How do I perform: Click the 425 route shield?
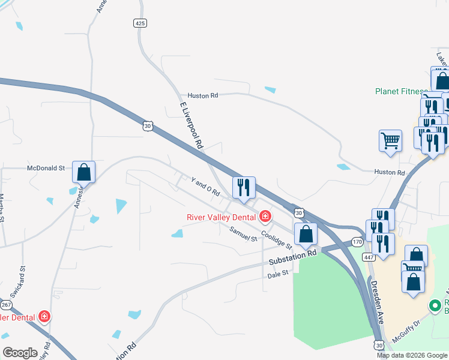pyautogui.click(x=139, y=23)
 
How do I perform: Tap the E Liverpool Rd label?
pyautogui.click(x=192, y=125)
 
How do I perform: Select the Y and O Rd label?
pyautogui.click(x=205, y=188)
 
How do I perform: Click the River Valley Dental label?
pyautogui.click(x=221, y=217)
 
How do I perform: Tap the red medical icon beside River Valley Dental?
pyautogui.click(x=264, y=216)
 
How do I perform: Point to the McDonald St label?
pyautogui.click(x=46, y=169)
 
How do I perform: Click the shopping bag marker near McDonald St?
pyautogui.click(x=84, y=172)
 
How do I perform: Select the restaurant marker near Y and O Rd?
pyautogui.click(x=244, y=188)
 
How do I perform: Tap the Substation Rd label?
pyautogui.click(x=292, y=258)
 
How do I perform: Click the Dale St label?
pyautogui.click(x=278, y=273)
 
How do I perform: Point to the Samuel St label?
pyautogui.click(x=243, y=234)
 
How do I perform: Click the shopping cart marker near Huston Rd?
pyautogui.click(x=390, y=141)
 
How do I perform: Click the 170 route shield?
pyautogui.click(x=357, y=242)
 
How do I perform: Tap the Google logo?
pyautogui.click(x=20, y=352)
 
